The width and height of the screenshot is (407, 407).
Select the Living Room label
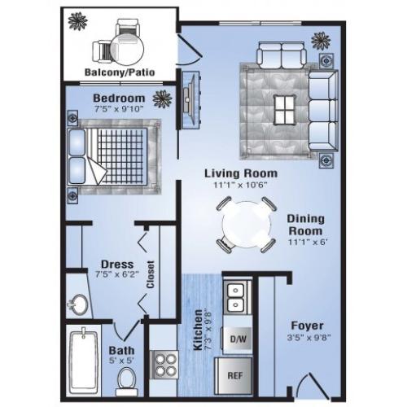[240, 173]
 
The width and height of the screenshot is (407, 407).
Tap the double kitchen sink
[237, 296]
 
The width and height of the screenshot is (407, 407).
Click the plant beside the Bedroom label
[162, 99]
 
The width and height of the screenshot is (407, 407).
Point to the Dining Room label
[306, 224]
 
